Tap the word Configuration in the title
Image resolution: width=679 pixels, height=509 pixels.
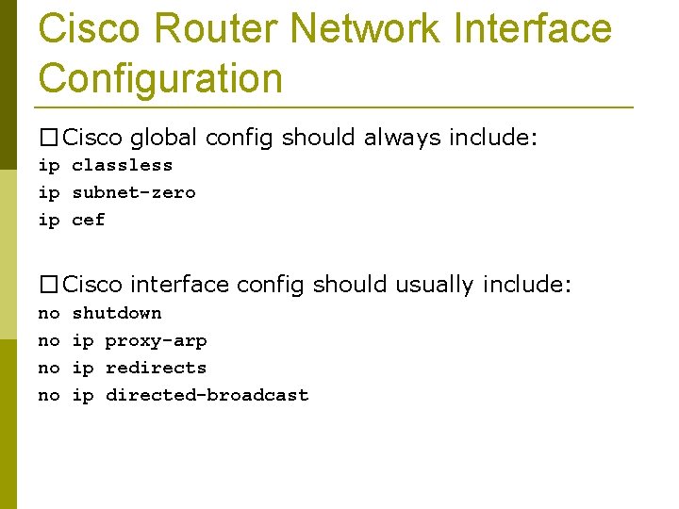160,77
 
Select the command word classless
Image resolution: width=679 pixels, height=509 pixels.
123,165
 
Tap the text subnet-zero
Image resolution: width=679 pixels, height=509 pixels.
134,192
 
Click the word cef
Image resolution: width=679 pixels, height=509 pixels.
89,220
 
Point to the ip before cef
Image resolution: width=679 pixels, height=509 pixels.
49,220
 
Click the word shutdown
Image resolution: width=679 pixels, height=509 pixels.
117,313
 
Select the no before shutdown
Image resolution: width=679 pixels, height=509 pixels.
49,313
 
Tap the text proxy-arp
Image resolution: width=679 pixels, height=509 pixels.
156,340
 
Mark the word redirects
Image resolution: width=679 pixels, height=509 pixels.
156,368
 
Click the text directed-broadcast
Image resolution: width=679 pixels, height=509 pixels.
207,395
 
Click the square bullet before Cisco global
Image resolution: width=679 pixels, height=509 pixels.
48,139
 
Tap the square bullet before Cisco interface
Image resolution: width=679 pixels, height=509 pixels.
48,285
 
